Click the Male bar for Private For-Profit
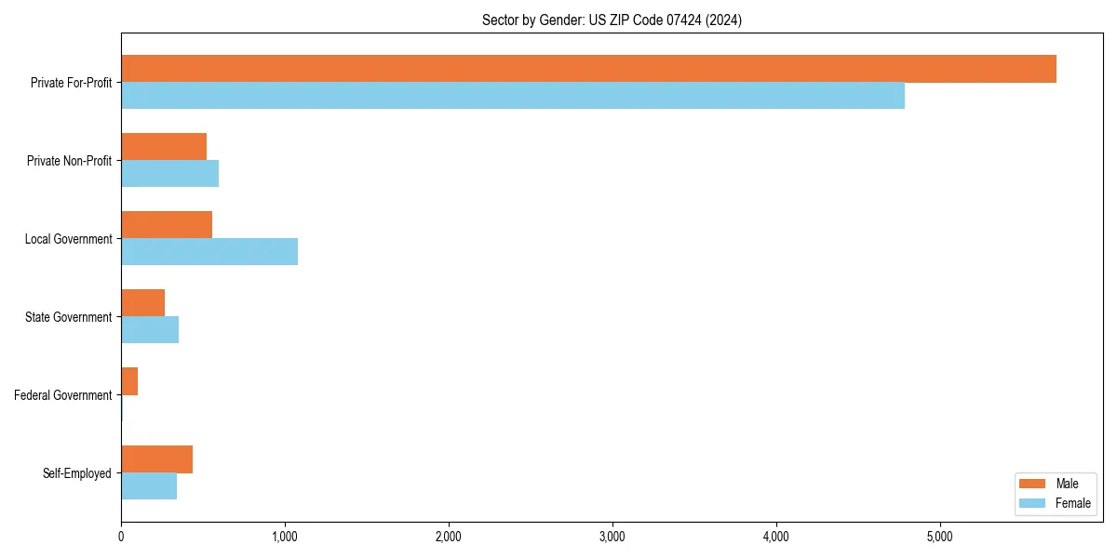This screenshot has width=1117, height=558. (588, 69)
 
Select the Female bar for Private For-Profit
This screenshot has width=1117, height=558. (513, 96)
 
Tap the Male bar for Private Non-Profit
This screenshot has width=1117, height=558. (164, 147)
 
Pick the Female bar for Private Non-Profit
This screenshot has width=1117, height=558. (169, 174)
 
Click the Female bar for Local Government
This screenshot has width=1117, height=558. (209, 252)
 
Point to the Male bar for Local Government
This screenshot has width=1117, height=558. (167, 225)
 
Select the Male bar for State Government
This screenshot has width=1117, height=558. (142, 303)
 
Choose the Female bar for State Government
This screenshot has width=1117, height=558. (150, 330)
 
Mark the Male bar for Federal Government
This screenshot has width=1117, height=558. (129, 381)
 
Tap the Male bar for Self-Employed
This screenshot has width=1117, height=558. (156, 459)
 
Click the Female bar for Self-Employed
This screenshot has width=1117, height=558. (149, 486)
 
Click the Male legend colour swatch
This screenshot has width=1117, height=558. (1032, 484)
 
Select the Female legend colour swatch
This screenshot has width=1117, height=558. (1032, 503)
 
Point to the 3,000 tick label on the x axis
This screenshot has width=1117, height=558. (612, 537)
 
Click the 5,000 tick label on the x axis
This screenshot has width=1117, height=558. (940, 537)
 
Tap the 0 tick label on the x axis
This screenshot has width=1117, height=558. (121, 537)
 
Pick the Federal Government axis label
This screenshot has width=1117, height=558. (63, 395)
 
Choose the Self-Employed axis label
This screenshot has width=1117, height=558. (77, 473)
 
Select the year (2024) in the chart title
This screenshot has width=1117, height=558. (724, 20)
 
